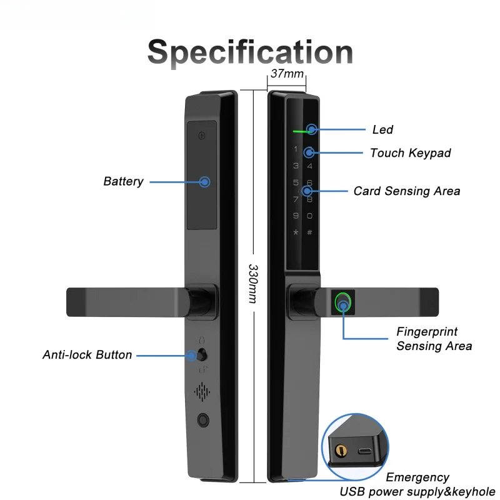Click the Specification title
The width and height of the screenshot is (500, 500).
pyautogui.click(x=250, y=52)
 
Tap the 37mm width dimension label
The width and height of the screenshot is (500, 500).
pyautogui.click(x=287, y=74)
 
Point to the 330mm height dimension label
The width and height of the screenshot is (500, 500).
pyautogui.click(x=253, y=284)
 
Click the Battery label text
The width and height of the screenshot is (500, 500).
pyautogui.click(x=123, y=181)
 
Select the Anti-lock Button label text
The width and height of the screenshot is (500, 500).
pyautogui.click(x=87, y=354)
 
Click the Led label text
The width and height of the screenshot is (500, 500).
pyautogui.click(x=382, y=130)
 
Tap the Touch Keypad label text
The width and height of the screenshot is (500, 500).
pyautogui.click(x=411, y=153)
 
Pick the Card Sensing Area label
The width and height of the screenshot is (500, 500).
pyautogui.click(x=407, y=191)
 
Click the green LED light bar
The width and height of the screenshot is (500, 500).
pyautogui.click(x=301, y=131)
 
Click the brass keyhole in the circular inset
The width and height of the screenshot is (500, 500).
pyautogui.click(x=341, y=451)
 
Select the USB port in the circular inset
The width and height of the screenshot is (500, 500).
pyautogui.click(x=364, y=451)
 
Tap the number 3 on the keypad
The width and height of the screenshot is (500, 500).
pyautogui.click(x=296, y=166)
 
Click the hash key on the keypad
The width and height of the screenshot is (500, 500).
pyautogui.click(x=309, y=232)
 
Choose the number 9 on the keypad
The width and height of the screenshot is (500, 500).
pyautogui.click(x=296, y=216)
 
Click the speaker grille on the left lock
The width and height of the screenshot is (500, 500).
pyautogui.click(x=202, y=392)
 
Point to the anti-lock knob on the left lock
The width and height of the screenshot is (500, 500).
pyautogui.click(x=202, y=355)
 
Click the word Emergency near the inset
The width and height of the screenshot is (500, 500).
pyautogui.click(x=417, y=477)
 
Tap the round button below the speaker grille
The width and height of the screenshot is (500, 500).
pyautogui.click(x=203, y=420)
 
